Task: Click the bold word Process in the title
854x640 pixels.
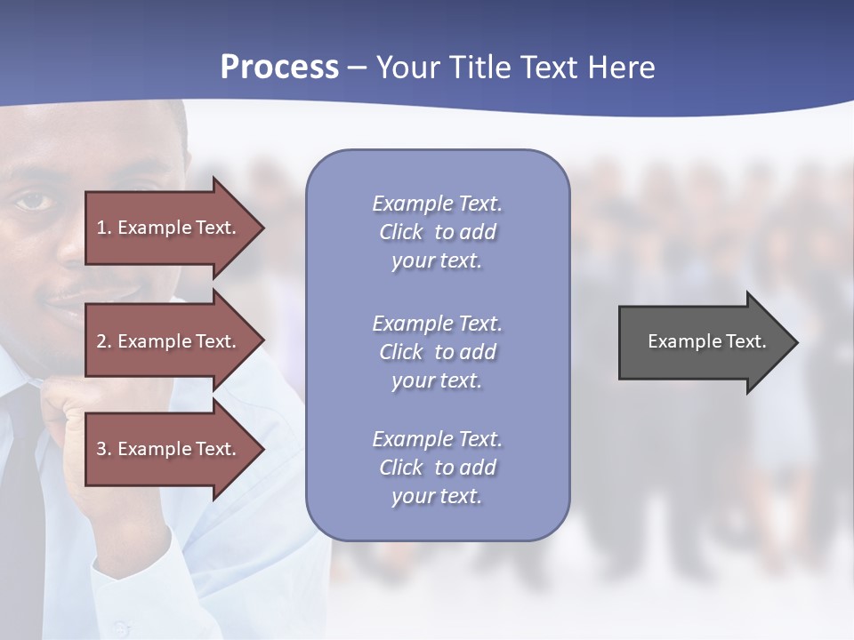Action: pos(279,68)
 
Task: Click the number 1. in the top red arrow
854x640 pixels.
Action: pos(104,228)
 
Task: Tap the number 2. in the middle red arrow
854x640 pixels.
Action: pos(104,341)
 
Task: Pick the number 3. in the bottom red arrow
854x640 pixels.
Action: pos(104,449)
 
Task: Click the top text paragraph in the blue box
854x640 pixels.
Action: pos(437,232)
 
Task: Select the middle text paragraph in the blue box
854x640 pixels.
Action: pos(437,352)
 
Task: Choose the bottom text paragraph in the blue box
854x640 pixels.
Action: pos(437,468)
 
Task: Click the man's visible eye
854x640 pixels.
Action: pos(34,201)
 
